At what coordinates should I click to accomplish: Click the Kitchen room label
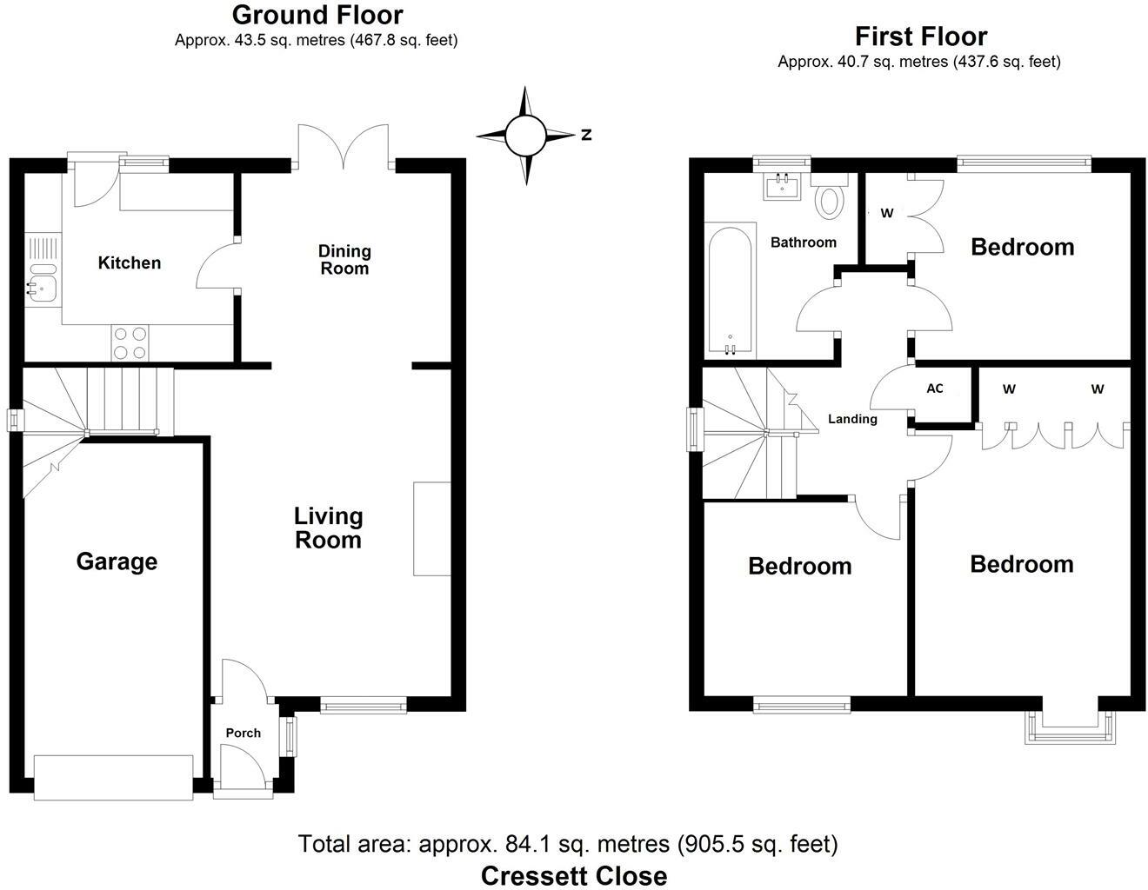click(130, 262)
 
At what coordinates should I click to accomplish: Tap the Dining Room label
click(344, 259)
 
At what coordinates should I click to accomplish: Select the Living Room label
click(328, 528)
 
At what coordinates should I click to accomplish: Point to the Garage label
click(117, 561)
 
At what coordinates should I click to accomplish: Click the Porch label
click(243, 733)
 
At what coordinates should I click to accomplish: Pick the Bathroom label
click(803, 242)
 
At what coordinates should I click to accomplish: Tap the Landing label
click(852, 419)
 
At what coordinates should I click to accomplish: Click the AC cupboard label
click(935, 389)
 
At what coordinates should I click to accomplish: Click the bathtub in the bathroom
click(731, 290)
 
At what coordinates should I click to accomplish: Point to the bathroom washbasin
click(782, 186)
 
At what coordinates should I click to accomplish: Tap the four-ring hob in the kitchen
click(130, 342)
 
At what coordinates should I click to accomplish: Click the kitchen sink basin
click(42, 289)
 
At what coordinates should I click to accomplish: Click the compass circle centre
click(524, 136)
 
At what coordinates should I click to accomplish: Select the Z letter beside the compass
click(586, 135)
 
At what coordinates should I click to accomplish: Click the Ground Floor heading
click(317, 15)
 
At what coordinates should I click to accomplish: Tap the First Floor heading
click(921, 37)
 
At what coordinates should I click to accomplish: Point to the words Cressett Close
click(574, 876)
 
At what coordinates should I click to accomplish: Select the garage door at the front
click(113, 778)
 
